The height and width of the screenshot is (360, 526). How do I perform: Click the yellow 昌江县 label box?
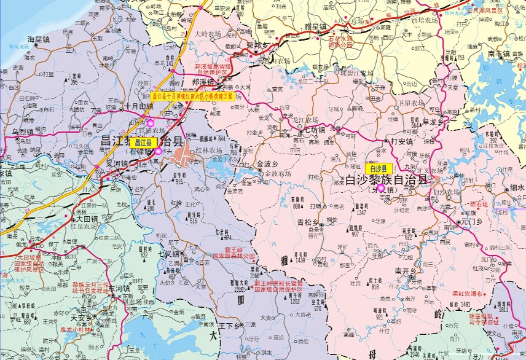click(148, 142)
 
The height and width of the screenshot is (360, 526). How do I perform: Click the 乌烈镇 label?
click(22, 132)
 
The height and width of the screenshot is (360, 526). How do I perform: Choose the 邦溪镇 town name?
click(202, 81)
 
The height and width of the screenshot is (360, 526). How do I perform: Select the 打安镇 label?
click(401, 141)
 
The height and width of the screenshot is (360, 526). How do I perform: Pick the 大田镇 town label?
click(87, 218)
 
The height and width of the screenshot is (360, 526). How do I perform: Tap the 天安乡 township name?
click(83, 318)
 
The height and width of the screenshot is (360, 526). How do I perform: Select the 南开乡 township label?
click(406, 270)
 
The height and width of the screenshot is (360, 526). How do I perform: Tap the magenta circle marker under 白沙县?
click(381, 188)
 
